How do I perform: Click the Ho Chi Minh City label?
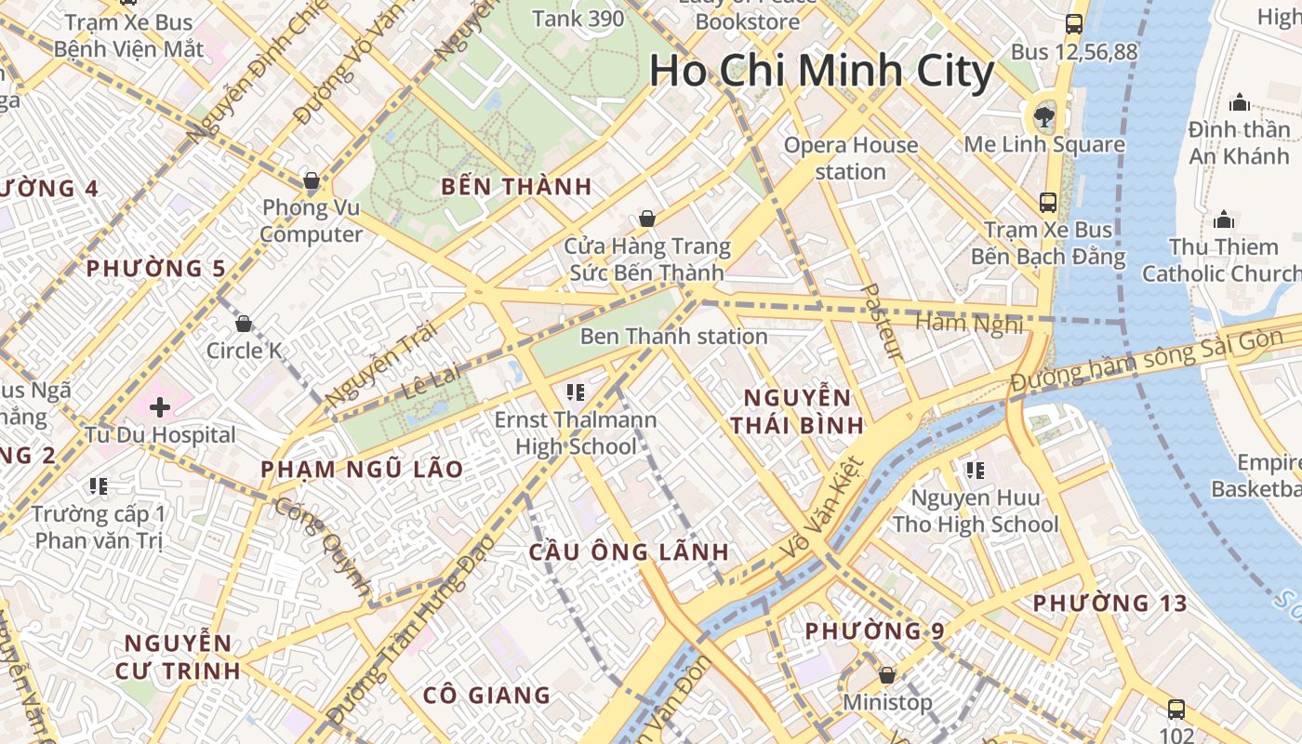click(x=822, y=72)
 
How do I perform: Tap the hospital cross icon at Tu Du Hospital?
click(x=160, y=406)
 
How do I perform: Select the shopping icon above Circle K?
click(x=244, y=324)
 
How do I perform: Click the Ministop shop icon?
click(x=887, y=675)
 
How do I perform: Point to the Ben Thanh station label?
click(x=673, y=336)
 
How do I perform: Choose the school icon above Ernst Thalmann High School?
click(x=575, y=392)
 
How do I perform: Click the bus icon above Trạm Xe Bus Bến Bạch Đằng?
click(x=1048, y=202)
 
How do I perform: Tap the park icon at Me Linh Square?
click(x=1043, y=116)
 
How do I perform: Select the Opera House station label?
click(x=850, y=158)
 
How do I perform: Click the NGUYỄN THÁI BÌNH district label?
click(x=797, y=412)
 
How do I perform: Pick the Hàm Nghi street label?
click(x=969, y=324)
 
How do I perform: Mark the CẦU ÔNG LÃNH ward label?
click(x=629, y=551)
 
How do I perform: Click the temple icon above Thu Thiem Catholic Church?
click(x=1224, y=219)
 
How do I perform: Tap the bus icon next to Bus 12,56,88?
click(x=1074, y=24)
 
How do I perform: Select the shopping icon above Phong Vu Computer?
click(x=312, y=179)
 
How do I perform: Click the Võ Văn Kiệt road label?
click(x=822, y=509)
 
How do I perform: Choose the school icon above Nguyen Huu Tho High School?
click(x=975, y=471)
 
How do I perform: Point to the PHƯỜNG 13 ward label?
click(x=1109, y=604)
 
